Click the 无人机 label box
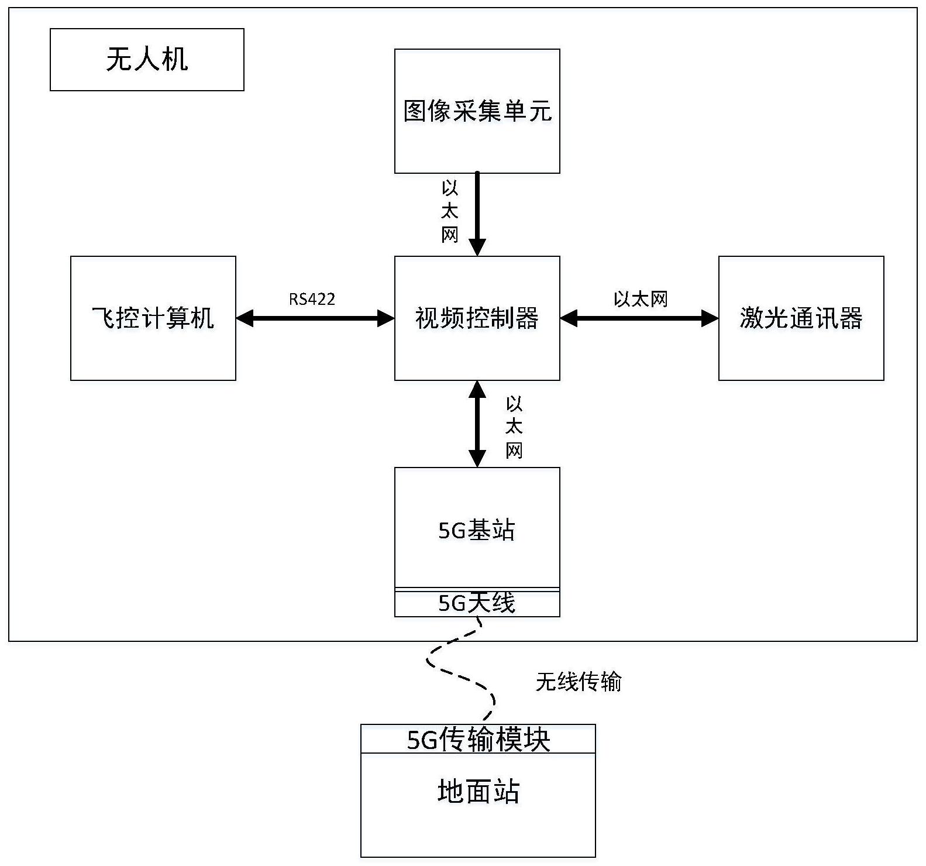click(147, 60)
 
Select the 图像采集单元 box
click(477, 111)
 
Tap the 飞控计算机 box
click(153, 318)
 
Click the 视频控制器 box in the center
click(477, 318)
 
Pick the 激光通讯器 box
click(801, 318)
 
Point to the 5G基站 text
click(477, 530)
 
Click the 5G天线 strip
click(477, 603)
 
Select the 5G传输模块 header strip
click(478, 739)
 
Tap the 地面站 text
click(478, 791)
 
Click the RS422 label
click(312, 299)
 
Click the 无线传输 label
click(578, 682)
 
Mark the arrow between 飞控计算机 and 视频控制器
click(315, 318)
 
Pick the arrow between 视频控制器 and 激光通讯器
click(639, 318)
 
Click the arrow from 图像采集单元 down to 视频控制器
click(477, 214)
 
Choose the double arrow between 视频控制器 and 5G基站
click(477, 424)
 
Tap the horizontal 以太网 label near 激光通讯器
click(640, 299)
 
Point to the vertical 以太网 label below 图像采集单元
click(449, 212)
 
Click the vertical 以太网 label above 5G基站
click(514, 427)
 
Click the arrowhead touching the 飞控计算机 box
click(245, 318)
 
